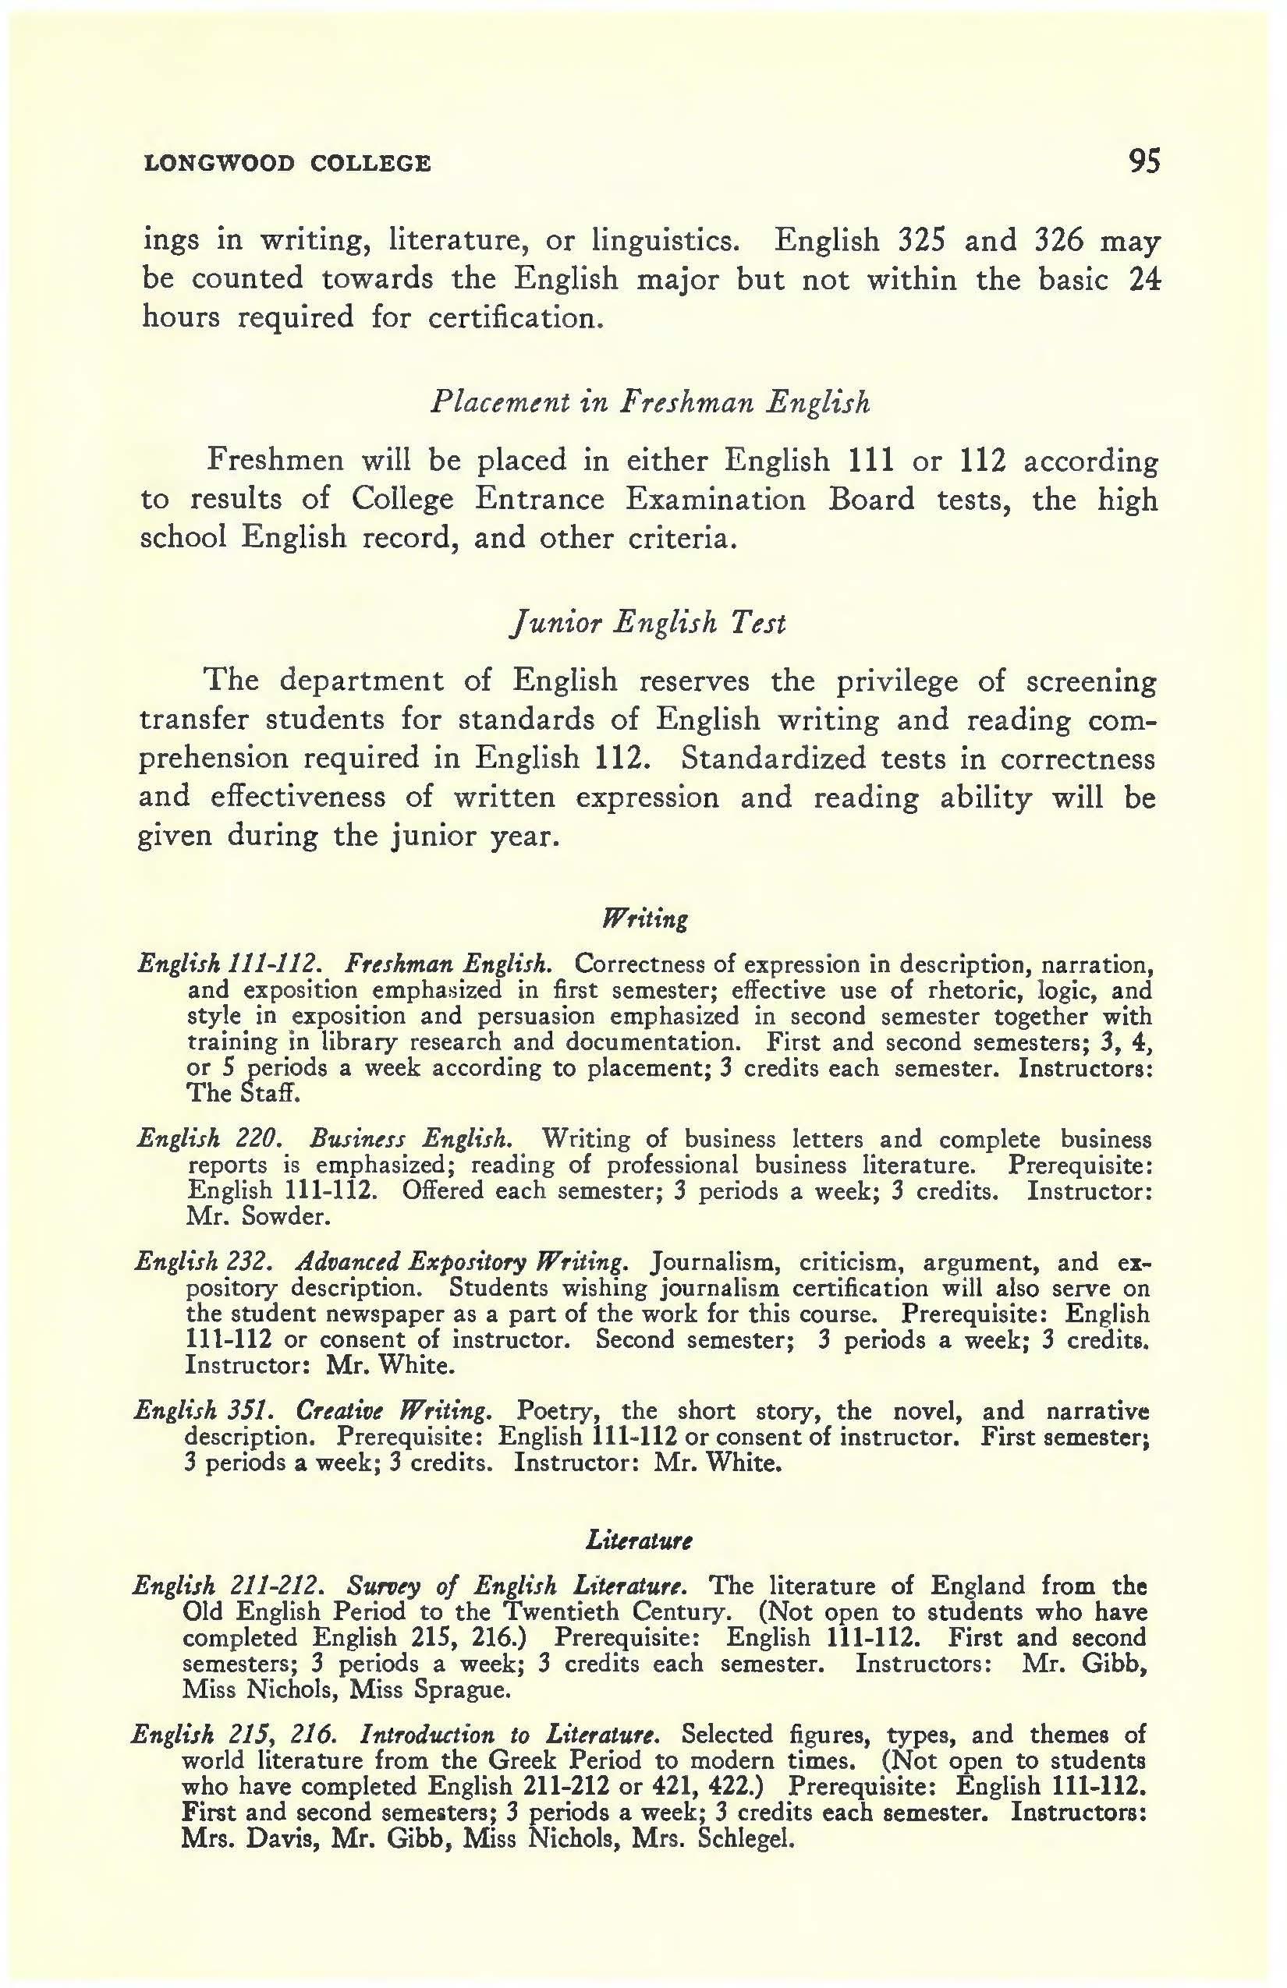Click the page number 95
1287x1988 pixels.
click(x=1143, y=161)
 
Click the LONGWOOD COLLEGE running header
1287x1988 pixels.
click(x=288, y=163)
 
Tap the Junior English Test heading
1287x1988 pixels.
click(x=649, y=623)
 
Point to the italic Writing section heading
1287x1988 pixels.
click(x=645, y=920)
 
